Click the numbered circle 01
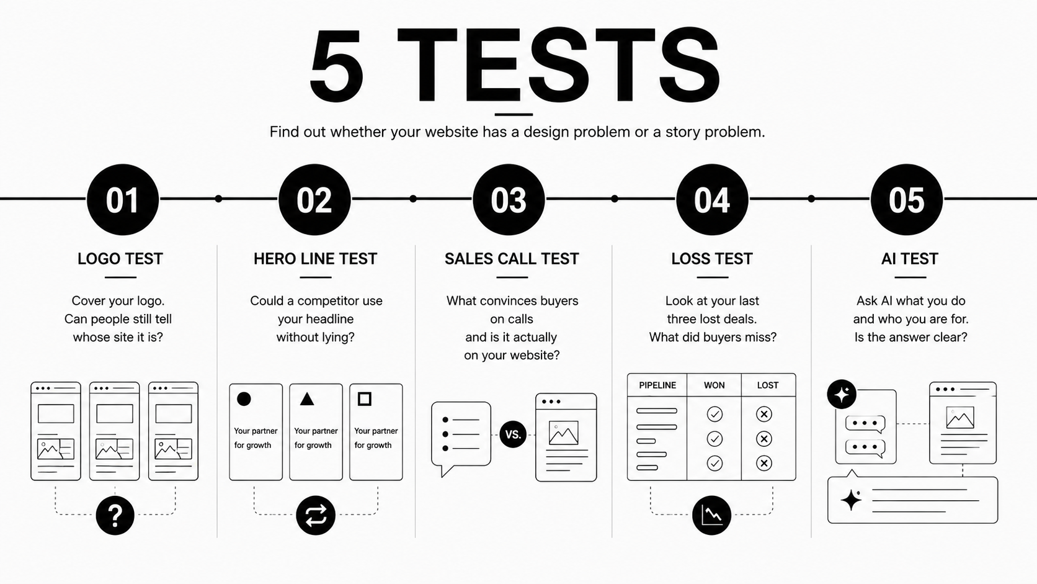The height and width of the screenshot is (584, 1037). tap(123, 200)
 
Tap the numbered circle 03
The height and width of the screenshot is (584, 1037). tap(509, 200)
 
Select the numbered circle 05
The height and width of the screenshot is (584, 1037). tap(907, 200)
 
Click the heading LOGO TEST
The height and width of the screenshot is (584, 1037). tap(120, 258)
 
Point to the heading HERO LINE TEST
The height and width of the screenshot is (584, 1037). tap(315, 258)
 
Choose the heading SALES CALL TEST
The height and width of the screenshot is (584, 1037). tap(512, 258)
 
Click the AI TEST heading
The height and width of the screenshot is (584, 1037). tap(910, 258)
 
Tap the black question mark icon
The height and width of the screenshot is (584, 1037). tap(115, 516)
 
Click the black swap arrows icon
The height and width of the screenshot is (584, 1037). tap(316, 516)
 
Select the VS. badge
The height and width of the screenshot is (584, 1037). tap(513, 434)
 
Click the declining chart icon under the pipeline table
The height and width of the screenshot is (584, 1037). tap(711, 516)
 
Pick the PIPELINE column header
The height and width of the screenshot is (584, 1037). tap(657, 385)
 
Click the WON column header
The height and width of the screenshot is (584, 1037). tap(714, 385)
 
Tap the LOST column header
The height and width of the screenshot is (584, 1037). tap(768, 385)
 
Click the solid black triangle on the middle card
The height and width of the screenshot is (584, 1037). tap(307, 399)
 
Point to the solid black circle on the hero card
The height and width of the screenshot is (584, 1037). tap(244, 399)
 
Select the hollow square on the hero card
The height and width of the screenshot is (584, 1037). tap(365, 399)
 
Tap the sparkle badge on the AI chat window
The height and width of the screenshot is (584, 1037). tap(842, 394)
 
